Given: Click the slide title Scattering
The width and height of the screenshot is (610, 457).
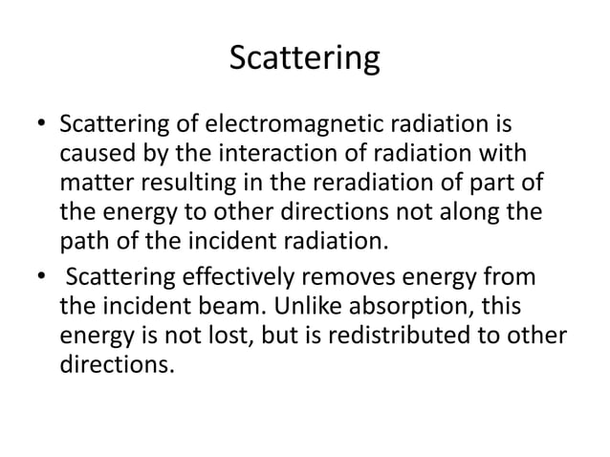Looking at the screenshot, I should (305, 58).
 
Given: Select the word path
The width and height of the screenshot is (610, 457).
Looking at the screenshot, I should (80, 235).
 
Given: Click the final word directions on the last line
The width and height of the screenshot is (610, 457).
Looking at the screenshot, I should (118, 360).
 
